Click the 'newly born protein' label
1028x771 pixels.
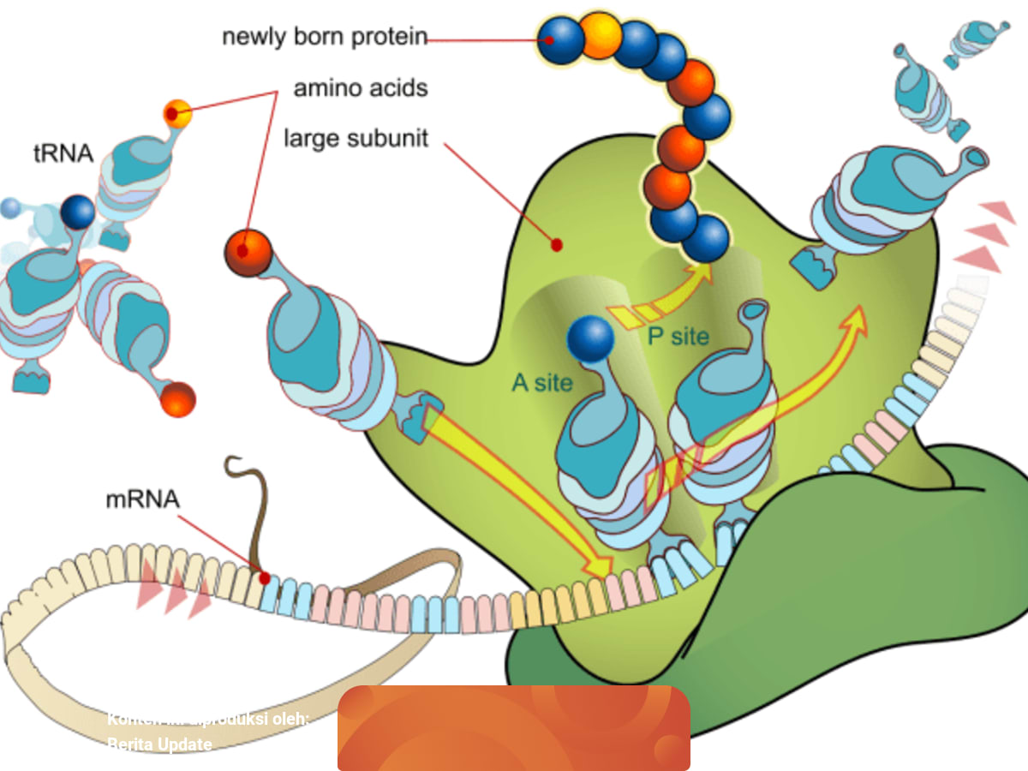324,38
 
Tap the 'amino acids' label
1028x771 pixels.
361,88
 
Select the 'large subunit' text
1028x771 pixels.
356,138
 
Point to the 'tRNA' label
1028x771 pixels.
63,154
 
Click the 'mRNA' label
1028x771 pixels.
143,499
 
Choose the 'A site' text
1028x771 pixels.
541,382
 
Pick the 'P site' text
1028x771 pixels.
678,337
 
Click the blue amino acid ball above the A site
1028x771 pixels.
590,339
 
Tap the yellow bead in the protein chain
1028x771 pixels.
601,35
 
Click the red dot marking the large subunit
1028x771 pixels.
557,245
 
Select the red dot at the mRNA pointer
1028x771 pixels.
265,578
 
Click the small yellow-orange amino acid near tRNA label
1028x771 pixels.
177,113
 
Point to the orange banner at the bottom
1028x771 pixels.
514,727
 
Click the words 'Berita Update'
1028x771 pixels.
159,744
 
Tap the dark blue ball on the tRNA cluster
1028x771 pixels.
78,212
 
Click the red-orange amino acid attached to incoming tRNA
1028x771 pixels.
248,253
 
